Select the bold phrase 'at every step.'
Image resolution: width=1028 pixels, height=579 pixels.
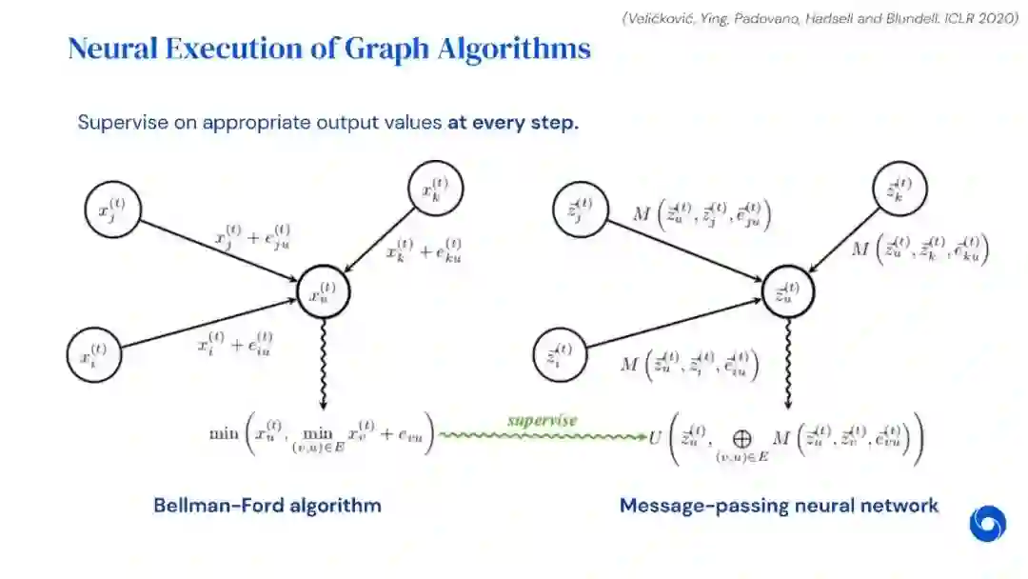(x=513, y=123)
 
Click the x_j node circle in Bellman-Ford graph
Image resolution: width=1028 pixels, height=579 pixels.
(x=112, y=207)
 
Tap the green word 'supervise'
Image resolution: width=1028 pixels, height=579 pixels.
(x=543, y=420)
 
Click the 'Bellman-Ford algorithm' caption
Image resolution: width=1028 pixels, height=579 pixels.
(x=267, y=505)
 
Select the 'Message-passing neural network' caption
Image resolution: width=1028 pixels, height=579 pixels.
(x=779, y=505)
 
